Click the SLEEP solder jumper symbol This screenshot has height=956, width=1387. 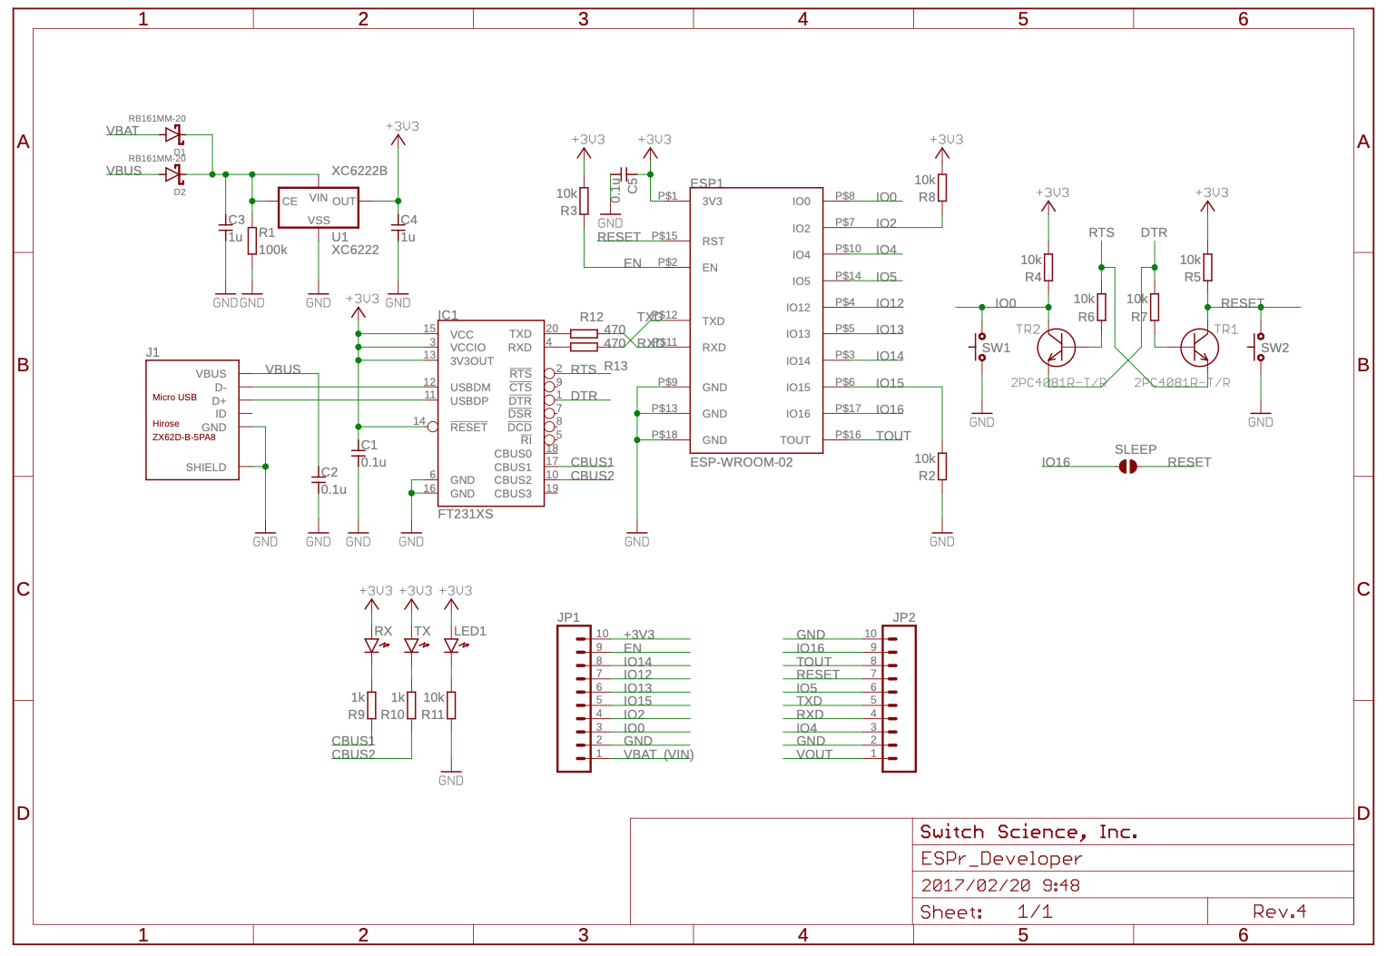1127,467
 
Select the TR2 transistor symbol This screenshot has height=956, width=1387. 1056,347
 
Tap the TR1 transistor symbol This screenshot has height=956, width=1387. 1200,347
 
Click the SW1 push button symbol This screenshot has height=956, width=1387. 981,348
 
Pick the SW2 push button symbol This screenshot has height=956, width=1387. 1260,348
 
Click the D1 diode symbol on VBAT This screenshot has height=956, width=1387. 173,134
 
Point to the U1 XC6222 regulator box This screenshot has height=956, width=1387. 318,208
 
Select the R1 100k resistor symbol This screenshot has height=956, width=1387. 251,241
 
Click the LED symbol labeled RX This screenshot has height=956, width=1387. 371,646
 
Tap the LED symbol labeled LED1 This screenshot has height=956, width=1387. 451,646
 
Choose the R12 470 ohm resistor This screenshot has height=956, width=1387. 584,333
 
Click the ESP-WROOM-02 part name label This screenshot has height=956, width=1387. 741,462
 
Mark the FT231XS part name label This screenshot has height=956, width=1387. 465,514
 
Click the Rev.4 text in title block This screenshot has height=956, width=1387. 1279,912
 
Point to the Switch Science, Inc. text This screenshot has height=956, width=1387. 1028,832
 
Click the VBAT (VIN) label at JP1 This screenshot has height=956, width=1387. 658,754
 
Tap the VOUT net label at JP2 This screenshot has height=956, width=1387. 814,754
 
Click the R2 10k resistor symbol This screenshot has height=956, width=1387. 942,466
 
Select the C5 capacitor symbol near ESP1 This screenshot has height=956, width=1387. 624,173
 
